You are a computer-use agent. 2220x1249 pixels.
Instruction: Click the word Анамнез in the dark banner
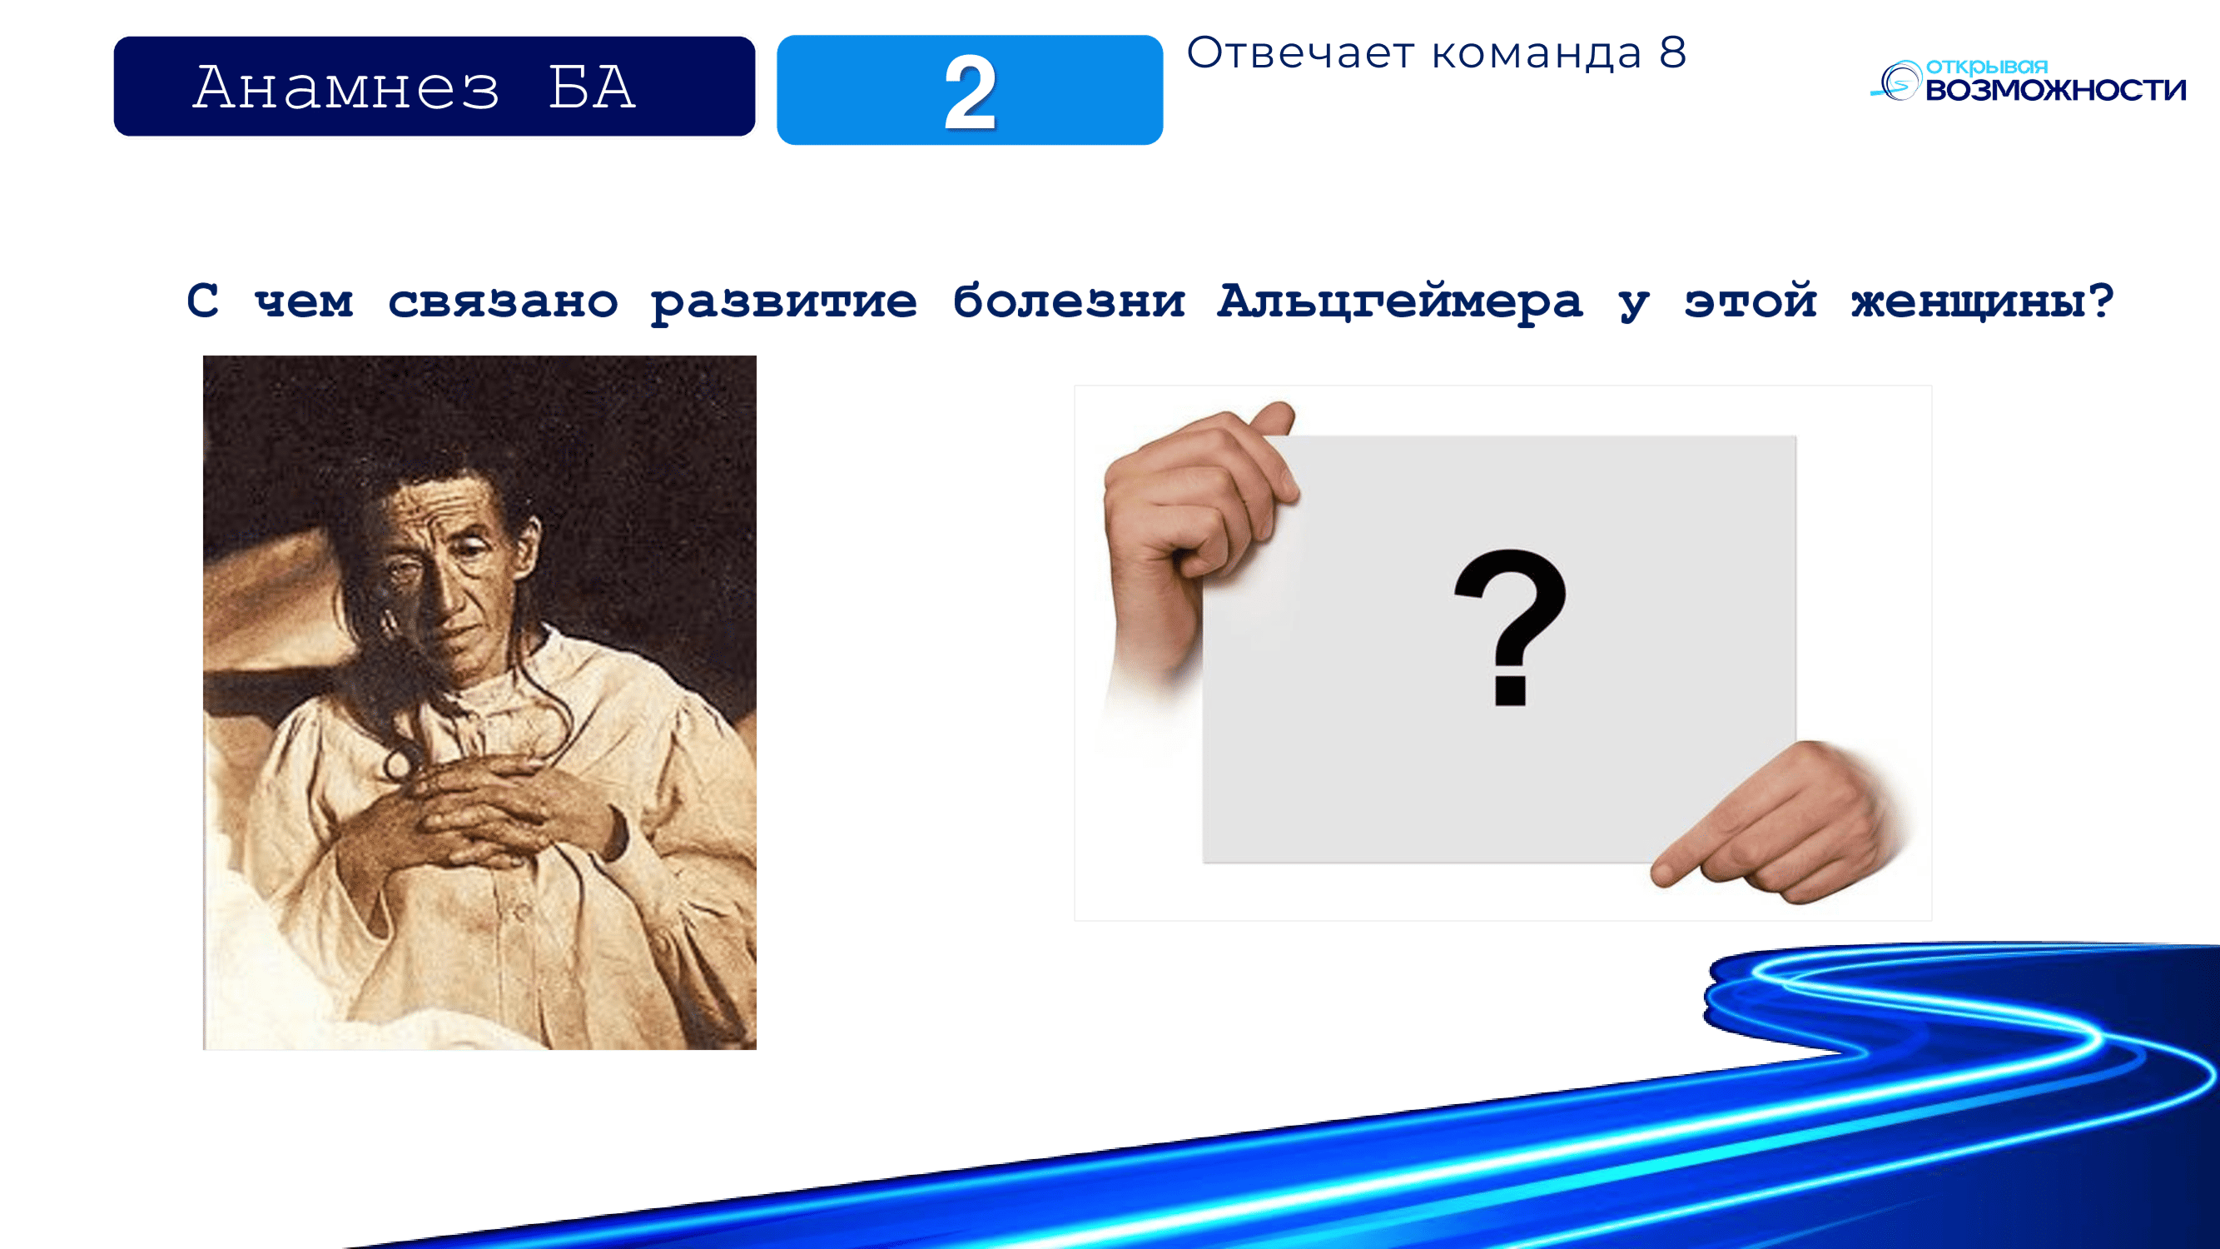pos(345,87)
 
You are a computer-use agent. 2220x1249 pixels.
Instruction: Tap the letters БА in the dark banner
pos(593,87)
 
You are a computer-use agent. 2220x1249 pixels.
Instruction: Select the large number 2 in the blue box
pos(971,92)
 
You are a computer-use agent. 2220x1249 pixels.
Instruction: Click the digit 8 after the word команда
pos(1673,52)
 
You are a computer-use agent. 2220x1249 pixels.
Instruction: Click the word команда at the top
pos(1537,54)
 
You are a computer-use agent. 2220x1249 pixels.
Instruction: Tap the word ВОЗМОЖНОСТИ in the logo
pos(2055,90)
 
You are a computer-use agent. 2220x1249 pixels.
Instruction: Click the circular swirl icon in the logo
pos(1898,82)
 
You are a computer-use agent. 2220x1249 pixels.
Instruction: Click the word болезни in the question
pos(1069,301)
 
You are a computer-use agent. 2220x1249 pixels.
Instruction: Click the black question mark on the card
pos(1510,628)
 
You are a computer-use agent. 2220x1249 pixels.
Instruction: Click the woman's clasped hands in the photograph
pos(483,810)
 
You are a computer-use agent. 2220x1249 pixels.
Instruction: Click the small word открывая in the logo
pos(1986,67)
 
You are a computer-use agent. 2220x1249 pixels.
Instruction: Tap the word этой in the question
pos(1751,300)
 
